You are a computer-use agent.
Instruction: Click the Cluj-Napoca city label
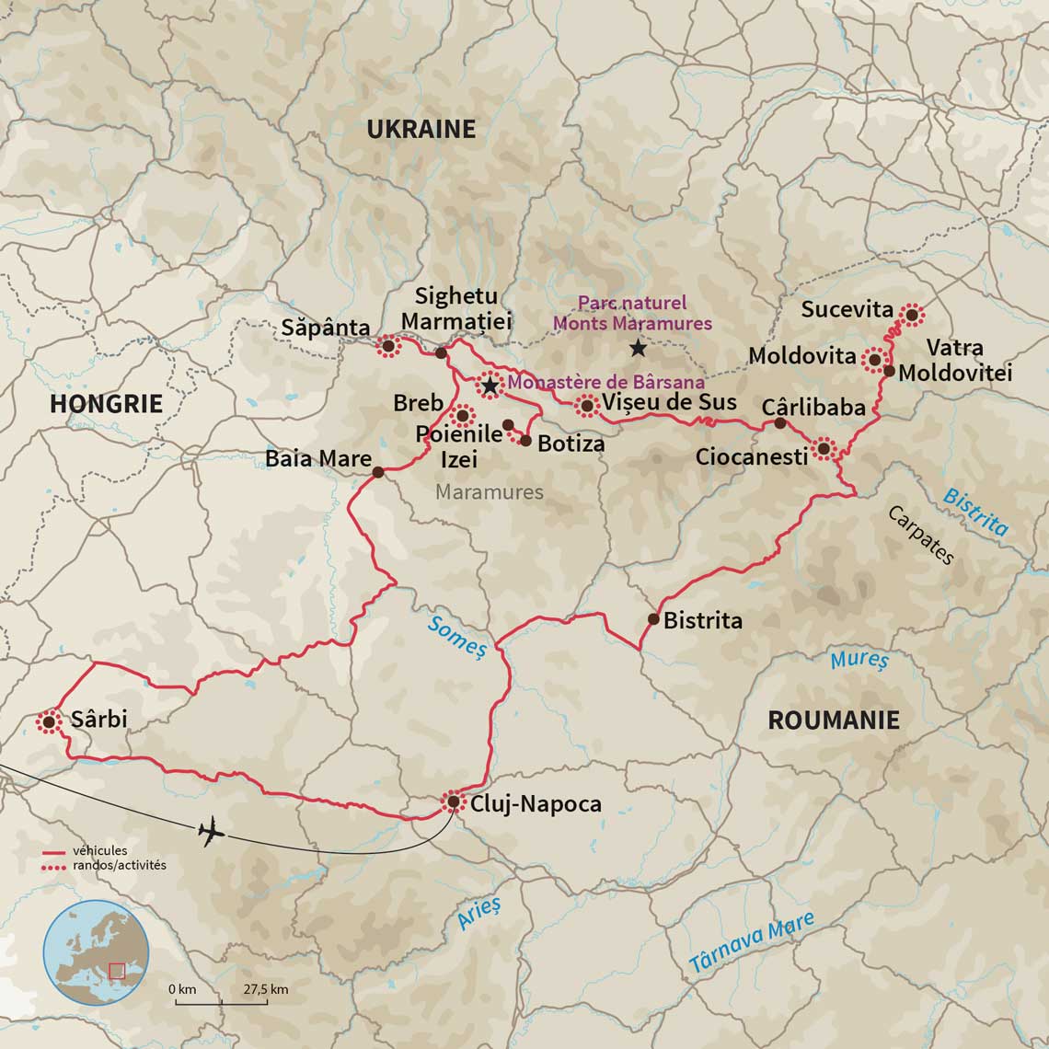pyautogui.click(x=536, y=803)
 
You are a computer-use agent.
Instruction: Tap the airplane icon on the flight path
pyautogui.click(x=212, y=832)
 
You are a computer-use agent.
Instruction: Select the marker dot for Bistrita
pyautogui.click(x=653, y=619)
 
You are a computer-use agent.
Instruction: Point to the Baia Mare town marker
pyautogui.click(x=377, y=473)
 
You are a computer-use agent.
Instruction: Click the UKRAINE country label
pyautogui.click(x=421, y=130)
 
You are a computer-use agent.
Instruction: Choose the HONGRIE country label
pyautogui.click(x=106, y=403)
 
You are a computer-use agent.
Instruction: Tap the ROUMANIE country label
pyautogui.click(x=833, y=720)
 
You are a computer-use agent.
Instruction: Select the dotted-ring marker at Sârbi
pyautogui.click(x=48, y=722)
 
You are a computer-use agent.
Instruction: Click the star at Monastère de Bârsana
pyautogui.click(x=490, y=386)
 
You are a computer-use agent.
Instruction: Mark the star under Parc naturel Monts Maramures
pyautogui.click(x=638, y=349)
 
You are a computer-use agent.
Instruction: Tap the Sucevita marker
pyautogui.click(x=911, y=315)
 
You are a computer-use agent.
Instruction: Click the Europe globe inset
pyautogui.click(x=97, y=953)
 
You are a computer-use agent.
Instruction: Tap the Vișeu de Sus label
pyautogui.click(x=671, y=402)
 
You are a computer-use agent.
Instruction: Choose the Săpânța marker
pyautogui.click(x=387, y=347)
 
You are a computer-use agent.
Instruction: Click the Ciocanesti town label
pyautogui.click(x=751, y=455)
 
